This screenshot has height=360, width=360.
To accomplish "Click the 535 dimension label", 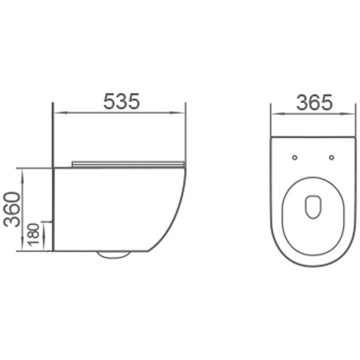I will pyautogui.click(x=121, y=101).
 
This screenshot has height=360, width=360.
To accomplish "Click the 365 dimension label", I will pyautogui.click(x=314, y=103).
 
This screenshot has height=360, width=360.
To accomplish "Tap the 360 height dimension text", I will pyautogui.click(x=12, y=209).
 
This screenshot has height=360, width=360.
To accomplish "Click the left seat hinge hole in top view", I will pyautogui.click(x=295, y=157).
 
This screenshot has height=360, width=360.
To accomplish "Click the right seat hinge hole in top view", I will pyautogui.click(x=332, y=157).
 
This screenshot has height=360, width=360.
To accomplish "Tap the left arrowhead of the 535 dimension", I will pyautogui.click(x=57, y=113).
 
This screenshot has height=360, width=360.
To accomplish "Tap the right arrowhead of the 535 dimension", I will pyautogui.click(x=181, y=113).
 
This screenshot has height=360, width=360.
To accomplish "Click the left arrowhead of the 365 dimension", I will pyautogui.click(x=274, y=114).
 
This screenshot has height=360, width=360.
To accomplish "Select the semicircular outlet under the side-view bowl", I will pyautogui.click(x=113, y=255).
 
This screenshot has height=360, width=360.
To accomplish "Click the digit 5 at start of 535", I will pyautogui.click(x=109, y=101).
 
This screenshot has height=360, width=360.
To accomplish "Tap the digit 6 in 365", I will pyautogui.click(x=314, y=103).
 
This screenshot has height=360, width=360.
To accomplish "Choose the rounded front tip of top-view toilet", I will pyautogui.click(x=314, y=265).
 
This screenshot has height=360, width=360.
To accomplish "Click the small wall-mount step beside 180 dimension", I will pyautogui.click(x=48, y=222).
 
